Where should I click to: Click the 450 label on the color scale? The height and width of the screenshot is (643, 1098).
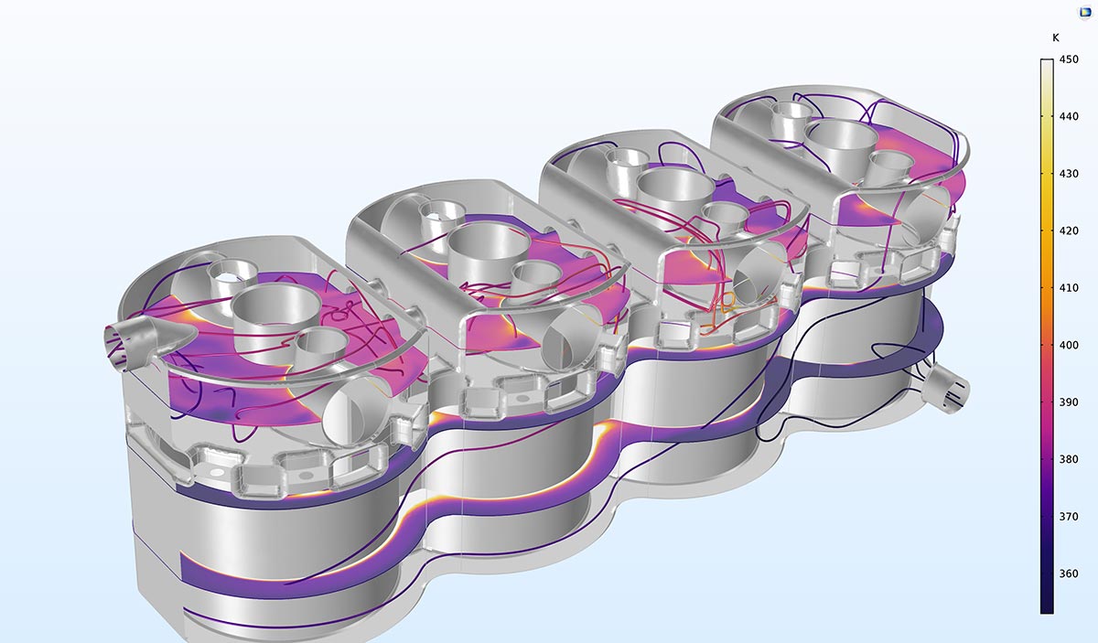[1069, 59]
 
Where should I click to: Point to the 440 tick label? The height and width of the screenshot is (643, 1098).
[1069, 117]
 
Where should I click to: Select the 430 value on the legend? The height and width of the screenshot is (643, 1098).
[1069, 174]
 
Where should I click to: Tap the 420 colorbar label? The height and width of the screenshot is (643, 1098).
[1069, 230]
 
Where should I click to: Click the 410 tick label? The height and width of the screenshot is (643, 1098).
[1069, 288]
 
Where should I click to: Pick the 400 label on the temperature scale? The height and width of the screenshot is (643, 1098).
[1069, 345]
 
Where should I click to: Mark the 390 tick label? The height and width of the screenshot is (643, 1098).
[1069, 402]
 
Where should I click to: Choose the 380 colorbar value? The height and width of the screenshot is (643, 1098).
[1069, 459]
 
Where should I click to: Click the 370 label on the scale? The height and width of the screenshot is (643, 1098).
[1069, 517]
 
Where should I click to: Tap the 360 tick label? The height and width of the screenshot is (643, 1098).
[1069, 573]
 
